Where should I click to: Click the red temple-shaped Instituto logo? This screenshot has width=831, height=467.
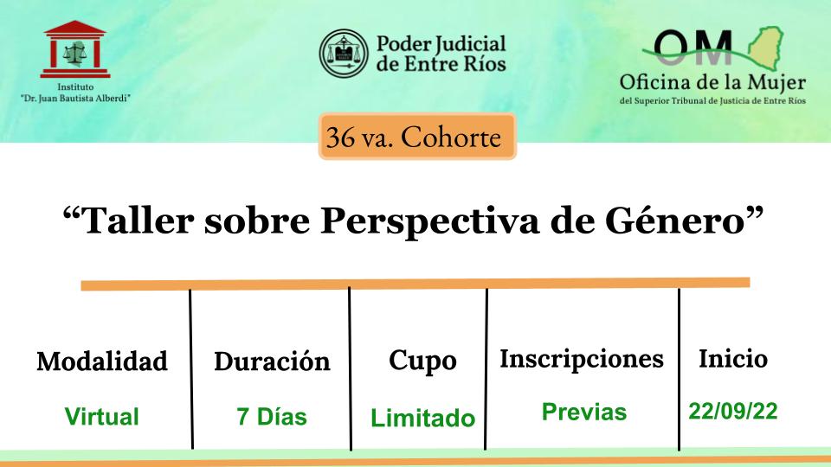coord(75,49)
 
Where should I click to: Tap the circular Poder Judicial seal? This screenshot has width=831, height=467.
coord(344,54)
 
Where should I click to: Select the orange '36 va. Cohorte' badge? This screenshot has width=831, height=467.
coord(417,137)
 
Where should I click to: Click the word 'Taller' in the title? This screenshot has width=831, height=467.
coord(138,220)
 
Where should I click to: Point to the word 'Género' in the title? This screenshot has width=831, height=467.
coord(676,220)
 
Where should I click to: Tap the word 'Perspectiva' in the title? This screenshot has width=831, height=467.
coord(430,221)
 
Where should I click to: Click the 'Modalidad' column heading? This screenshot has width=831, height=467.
coord(102,361)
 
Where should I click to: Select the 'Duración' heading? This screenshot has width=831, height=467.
coord(272,361)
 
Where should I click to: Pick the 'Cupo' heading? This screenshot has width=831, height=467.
coord(422,362)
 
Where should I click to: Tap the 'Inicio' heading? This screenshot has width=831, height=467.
coord(733,358)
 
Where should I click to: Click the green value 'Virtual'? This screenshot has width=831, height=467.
coord(102,416)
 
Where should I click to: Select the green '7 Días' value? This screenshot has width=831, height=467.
coord(272,416)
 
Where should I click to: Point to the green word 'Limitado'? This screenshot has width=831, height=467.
coord(422,418)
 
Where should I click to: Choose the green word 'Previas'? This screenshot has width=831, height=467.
coord(584,412)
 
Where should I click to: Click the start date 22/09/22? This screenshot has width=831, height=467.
coord(733,411)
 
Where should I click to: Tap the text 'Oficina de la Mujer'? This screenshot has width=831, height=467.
coord(712,83)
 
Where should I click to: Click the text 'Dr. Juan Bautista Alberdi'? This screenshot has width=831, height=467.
coord(75,99)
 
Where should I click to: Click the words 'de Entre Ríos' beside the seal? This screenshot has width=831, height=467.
coord(441,64)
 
